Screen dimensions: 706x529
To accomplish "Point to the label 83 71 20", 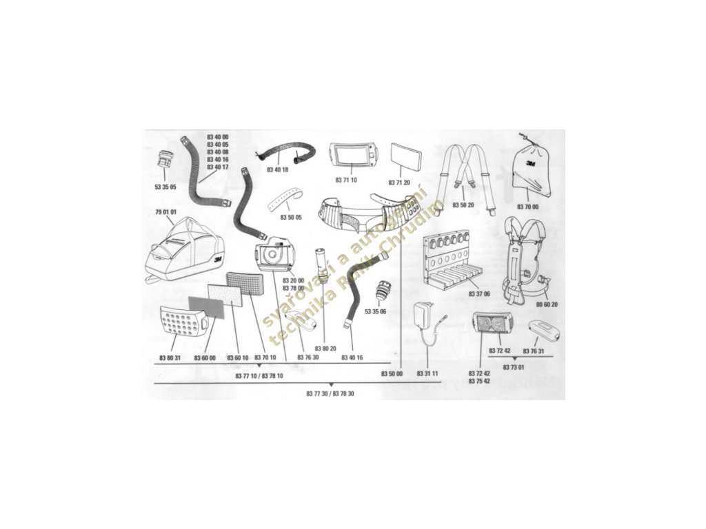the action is pos(399,183).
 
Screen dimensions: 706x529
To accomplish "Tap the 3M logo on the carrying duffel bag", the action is pos(217,260).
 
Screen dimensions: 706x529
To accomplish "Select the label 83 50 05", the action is pos(292,217).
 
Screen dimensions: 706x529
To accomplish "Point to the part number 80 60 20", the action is pos(546,304).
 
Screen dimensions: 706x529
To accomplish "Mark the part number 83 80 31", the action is pos(170,357).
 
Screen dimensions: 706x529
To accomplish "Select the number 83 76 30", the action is pos(308,357).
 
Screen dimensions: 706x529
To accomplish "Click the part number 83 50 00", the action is pos(392,373).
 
